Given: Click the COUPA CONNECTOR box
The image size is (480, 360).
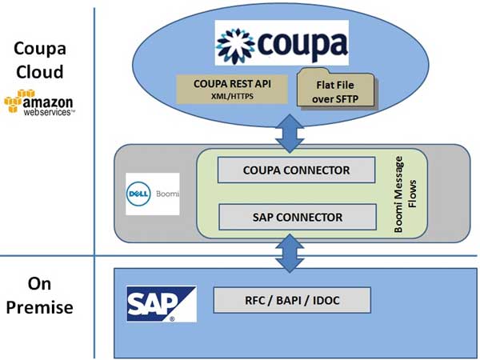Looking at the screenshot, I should click(x=296, y=170).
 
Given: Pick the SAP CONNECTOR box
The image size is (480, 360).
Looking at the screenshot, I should click(x=297, y=216).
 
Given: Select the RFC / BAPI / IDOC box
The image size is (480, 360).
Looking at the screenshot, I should click(x=292, y=300).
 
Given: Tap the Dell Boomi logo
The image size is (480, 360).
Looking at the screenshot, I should click(x=152, y=194).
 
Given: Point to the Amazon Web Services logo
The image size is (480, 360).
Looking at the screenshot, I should click(x=39, y=103).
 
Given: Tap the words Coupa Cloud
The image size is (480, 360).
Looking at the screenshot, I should click(x=39, y=59).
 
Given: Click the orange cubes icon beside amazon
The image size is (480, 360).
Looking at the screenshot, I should click(x=12, y=102).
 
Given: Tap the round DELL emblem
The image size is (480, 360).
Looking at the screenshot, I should click(x=140, y=194).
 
